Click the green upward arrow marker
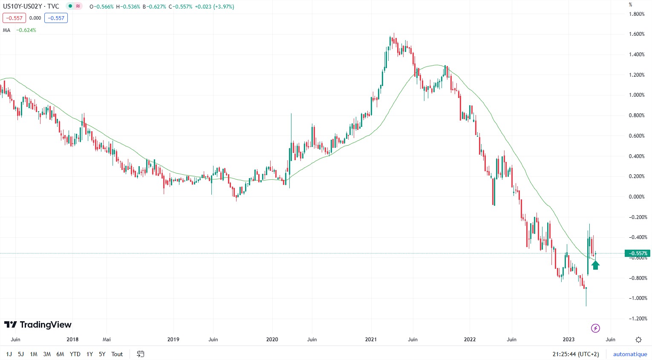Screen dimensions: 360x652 pyautogui.click(x=596, y=265)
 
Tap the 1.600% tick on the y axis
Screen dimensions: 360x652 pyautogui.click(x=637, y=34)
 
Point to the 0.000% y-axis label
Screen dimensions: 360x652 pyautogui.click(x=637, y=197)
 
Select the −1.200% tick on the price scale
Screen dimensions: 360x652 pyautogui.click(x=637, y=319)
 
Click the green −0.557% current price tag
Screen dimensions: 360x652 pyautogui.click(x=638, y=253)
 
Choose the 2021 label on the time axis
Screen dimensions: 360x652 pyautogui.click(x=371, y=340)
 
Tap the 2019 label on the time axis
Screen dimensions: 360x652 pyautogui.click(x=173, y=340)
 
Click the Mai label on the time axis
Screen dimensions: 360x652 pyautogui.click(x=107, y=340)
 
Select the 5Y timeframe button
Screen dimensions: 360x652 pyautogui.click(x=102, y=354)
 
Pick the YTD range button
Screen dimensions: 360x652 pyautogui.click(x=75, y=354)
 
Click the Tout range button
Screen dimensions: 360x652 pyautogui.click(x=117, y=354)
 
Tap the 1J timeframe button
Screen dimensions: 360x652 pyautogui.click(x=9, y=354)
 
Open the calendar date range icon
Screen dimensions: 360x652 pyautogui.click(x=141, y=354)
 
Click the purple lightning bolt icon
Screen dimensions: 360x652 pyautogui.click(x=596, y=328)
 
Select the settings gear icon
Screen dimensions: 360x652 pyautogui.click(x=638, y=340)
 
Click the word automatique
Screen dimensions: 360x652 pyautogui.click(x=630, y=354)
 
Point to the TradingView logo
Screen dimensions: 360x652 pyautogui.click(x=38, y=325)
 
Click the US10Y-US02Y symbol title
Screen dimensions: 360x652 pyautogui.click(x=31, y=6)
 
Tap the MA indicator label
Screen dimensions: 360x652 pyautogui.click(x=6, y=30)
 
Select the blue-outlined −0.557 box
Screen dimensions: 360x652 pyautogui.click(x=56, y=18)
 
